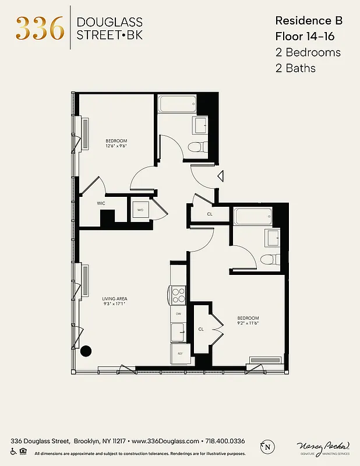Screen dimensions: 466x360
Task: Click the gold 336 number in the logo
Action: tap(40, 28)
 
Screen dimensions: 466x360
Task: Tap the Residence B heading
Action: tap(309, 20)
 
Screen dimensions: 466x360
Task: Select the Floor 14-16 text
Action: tap(309, 36)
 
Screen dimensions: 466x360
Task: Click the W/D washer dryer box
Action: tap(140, 210)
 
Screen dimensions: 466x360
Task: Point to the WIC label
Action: tap(101, 203)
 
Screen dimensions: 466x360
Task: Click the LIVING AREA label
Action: tap(115, 299)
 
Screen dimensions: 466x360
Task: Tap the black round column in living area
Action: tap(86, 351)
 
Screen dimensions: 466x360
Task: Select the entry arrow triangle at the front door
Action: tap(221, 175)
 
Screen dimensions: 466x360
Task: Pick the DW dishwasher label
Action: tap(179, 313)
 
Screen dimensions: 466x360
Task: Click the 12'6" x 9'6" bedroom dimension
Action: tap(116, 146)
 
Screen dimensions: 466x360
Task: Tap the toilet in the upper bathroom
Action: tap(199, 147)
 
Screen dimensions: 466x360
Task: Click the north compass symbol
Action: tap(267, 447)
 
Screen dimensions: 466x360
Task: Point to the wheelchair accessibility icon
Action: tap(13, 451)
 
